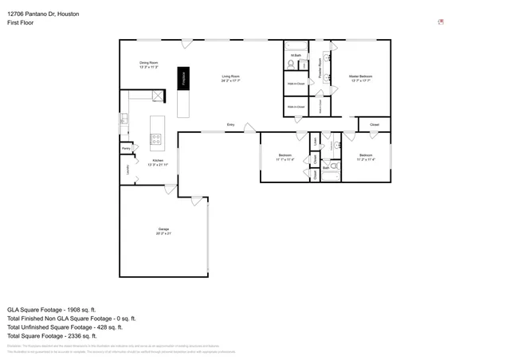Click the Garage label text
click(x=163, y=231)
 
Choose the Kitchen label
click(x=158, y=162)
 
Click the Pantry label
click(x=126, y=148)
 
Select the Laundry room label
click(x=127, y=168)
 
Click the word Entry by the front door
click(x=230, y=125)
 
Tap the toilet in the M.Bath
click(x=292, y=65)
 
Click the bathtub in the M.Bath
click(x=295, y=45)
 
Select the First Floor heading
click(x=19, y=24)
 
